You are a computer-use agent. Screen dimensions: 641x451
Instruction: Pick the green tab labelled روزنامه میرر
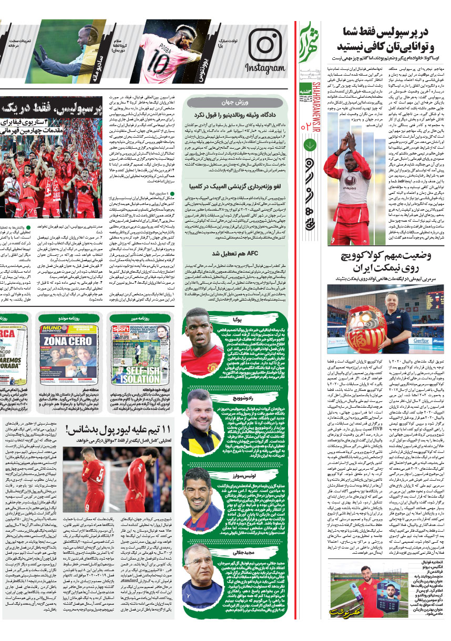coord(132,318)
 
